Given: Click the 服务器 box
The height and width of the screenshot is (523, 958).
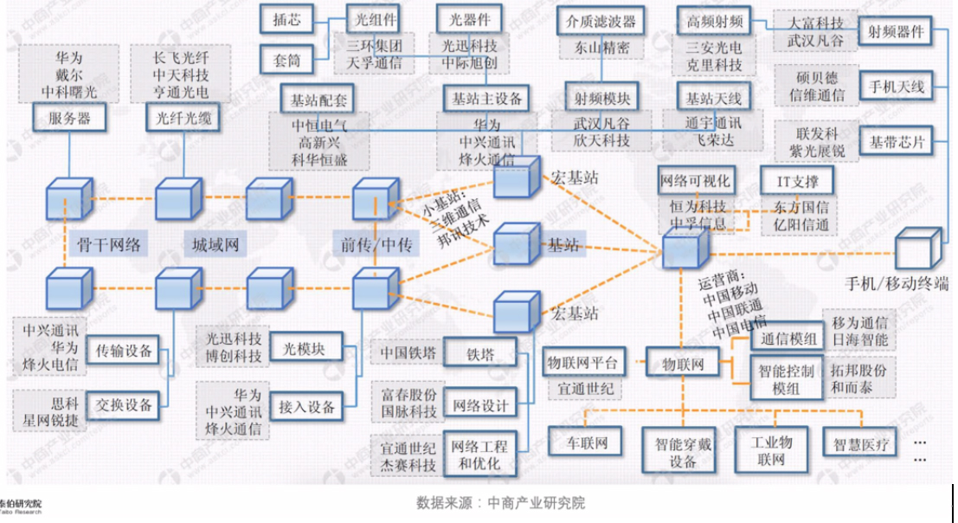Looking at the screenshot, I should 69,117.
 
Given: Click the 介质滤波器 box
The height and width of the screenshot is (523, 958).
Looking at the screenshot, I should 601,20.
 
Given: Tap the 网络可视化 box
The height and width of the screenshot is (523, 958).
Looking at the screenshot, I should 696,182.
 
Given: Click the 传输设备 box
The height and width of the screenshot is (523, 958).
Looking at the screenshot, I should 124,351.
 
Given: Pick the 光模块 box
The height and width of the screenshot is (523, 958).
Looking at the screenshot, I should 303,350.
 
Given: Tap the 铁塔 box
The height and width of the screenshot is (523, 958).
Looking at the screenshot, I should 479,353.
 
